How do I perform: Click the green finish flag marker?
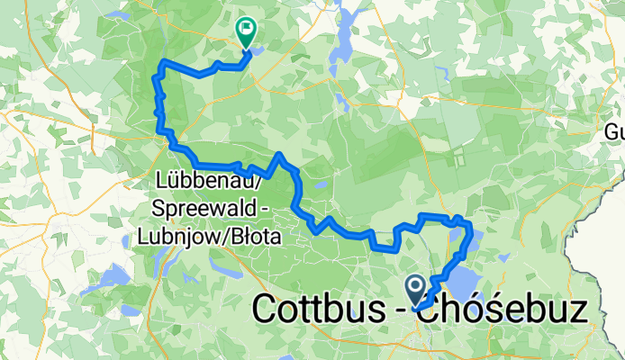tap(245, 31)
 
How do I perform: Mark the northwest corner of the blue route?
tap(163, 61)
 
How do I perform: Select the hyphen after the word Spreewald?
tap(235, 210)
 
